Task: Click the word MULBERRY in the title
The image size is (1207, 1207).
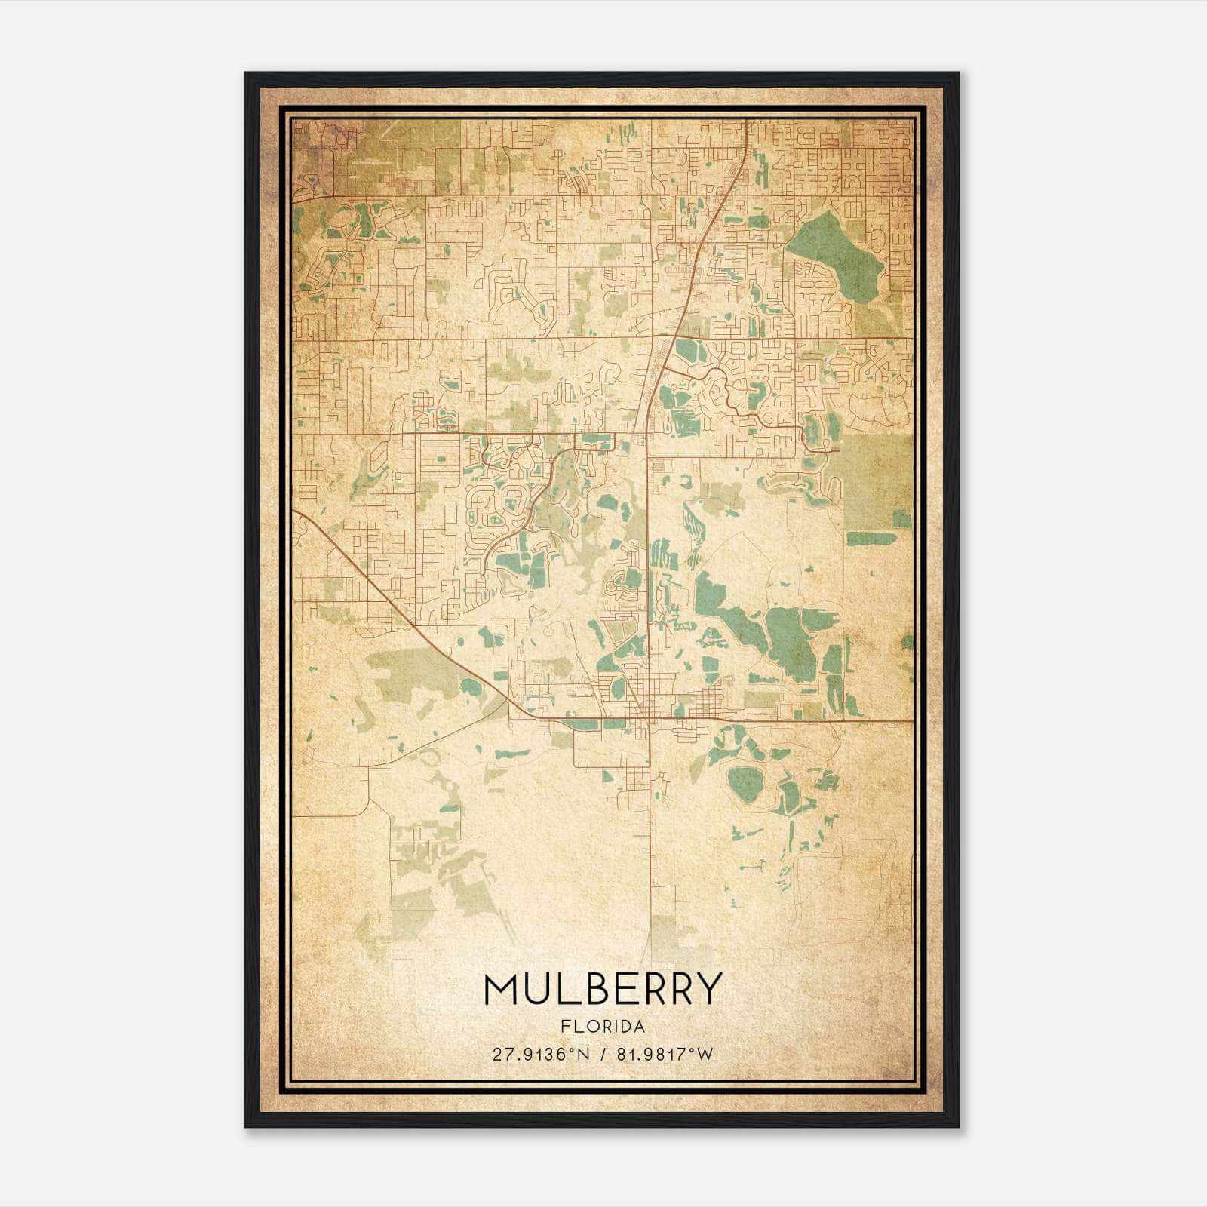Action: [603, 989]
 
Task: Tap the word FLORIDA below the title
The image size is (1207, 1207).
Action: [603, 1027]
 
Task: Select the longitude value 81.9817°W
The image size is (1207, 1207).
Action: [665, 1055]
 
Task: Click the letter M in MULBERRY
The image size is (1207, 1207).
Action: [501, 989]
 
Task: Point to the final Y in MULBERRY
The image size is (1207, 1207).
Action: [708, 989]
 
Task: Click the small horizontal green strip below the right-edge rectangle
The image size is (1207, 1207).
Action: [871, 539]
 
